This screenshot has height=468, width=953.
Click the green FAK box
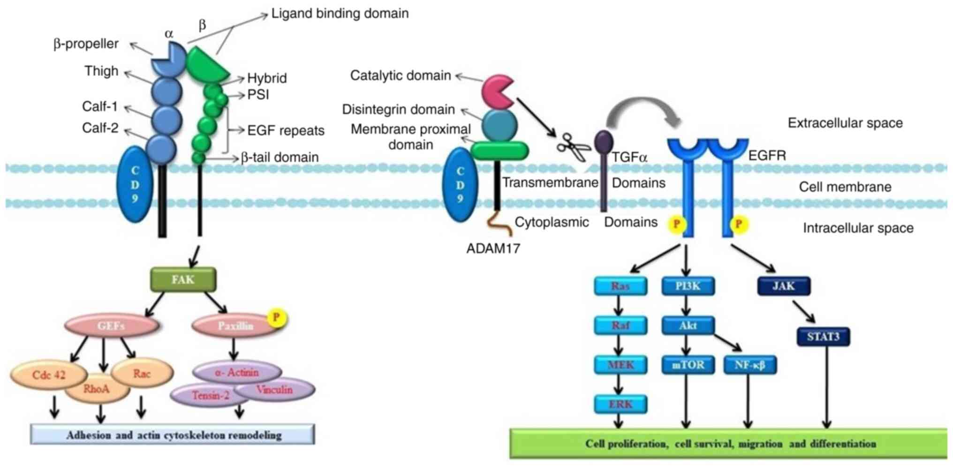[x=183, y=279]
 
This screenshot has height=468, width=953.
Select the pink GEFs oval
[x=111, y=326]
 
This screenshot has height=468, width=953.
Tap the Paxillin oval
[x=234, y=326]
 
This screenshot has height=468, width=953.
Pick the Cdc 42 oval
[x=48, y=375]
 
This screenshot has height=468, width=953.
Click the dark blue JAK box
[x=784, y=286]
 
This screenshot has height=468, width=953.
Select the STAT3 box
[x=823, y=336]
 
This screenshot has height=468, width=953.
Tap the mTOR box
[x=688, y=365]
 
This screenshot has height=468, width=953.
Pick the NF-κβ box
[x=750, y=365]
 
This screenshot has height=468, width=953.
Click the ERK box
[x=620, y=404]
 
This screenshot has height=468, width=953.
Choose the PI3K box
[x=688, y=286]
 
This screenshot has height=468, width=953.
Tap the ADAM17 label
[x=493, y=249]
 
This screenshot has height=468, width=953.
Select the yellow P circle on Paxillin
[x=276, y=317]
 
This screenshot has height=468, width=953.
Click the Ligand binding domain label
[x=340, y=14]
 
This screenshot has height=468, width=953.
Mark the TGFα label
[x=630, y=157]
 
